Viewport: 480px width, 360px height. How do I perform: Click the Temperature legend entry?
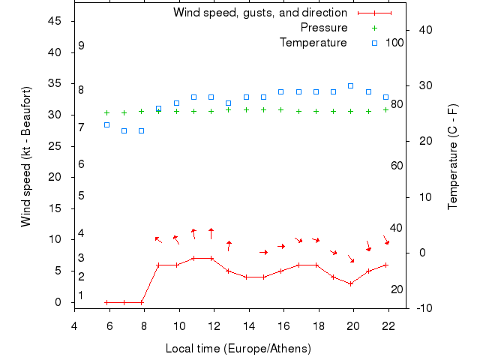[313, 43]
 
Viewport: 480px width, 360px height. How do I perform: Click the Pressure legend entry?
[323, 28]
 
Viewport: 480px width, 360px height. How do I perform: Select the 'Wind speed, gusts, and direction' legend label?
[259, 13]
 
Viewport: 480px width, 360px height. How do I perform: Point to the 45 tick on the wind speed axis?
[54, 21]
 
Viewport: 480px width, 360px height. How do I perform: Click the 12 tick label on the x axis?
[214, 324]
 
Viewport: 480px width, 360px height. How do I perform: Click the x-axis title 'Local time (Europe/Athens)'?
[238, 349]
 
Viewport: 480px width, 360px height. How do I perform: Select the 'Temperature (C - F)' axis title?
[453, 157]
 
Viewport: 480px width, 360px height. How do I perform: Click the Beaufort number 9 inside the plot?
[81, 46]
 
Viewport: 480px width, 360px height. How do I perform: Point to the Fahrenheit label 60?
[397, 166]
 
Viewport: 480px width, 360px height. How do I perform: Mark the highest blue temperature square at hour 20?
[350, 86]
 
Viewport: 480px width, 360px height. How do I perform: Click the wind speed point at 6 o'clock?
[106, 302]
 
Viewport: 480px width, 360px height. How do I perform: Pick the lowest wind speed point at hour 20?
[350, 283]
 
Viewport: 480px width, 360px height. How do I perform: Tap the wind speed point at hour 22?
[385, 265]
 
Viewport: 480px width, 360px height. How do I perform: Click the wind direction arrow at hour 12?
[211, 233]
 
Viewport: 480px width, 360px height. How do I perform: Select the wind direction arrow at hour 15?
[263, 252]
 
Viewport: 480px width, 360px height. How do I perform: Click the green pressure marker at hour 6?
[106, 112]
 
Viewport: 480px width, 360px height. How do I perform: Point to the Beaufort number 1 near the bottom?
[81, 295]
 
